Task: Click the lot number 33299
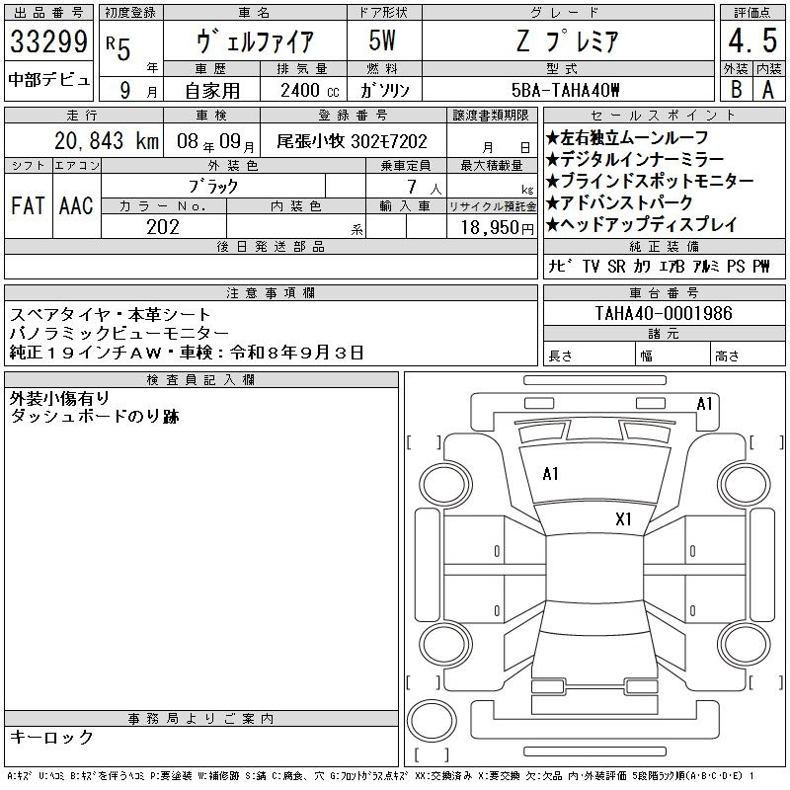pyautogui.click(x=48, y=41)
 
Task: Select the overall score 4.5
pyautogui.click(x=752, y=40)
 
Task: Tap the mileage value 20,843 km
pyautogui.click(x=107, y=141)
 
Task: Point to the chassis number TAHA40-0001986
pyautogui.click(x=664, y=313)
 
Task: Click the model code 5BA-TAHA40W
pyautogui.click(x=565, y=90)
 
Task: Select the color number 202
pyautogui.click(x=163, y=227)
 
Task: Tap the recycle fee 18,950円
pyautogui.click(x=498, y=228)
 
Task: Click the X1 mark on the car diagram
pyautogui.click(x=623, y=519)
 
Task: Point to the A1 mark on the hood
pyautogui.click(x=550, y=474)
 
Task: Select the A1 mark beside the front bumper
pyautogui.click(x=704, y=404)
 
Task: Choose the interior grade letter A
pyautogui.click(x=768, y=90)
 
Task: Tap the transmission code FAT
pyautogui.click(x=28, y=205)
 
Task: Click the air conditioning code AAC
pyautogui.click(x=76, y=205)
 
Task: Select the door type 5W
pyautogui.click(x=382, y=40)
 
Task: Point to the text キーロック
pyautogui.click(x=51, y=737)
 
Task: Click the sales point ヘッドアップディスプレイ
pyautogui.click(x=641, y=224)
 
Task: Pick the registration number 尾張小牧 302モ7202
pyautogui.click(x=352, y=141)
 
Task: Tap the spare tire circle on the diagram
pyautogui.click(x=432, y=720)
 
